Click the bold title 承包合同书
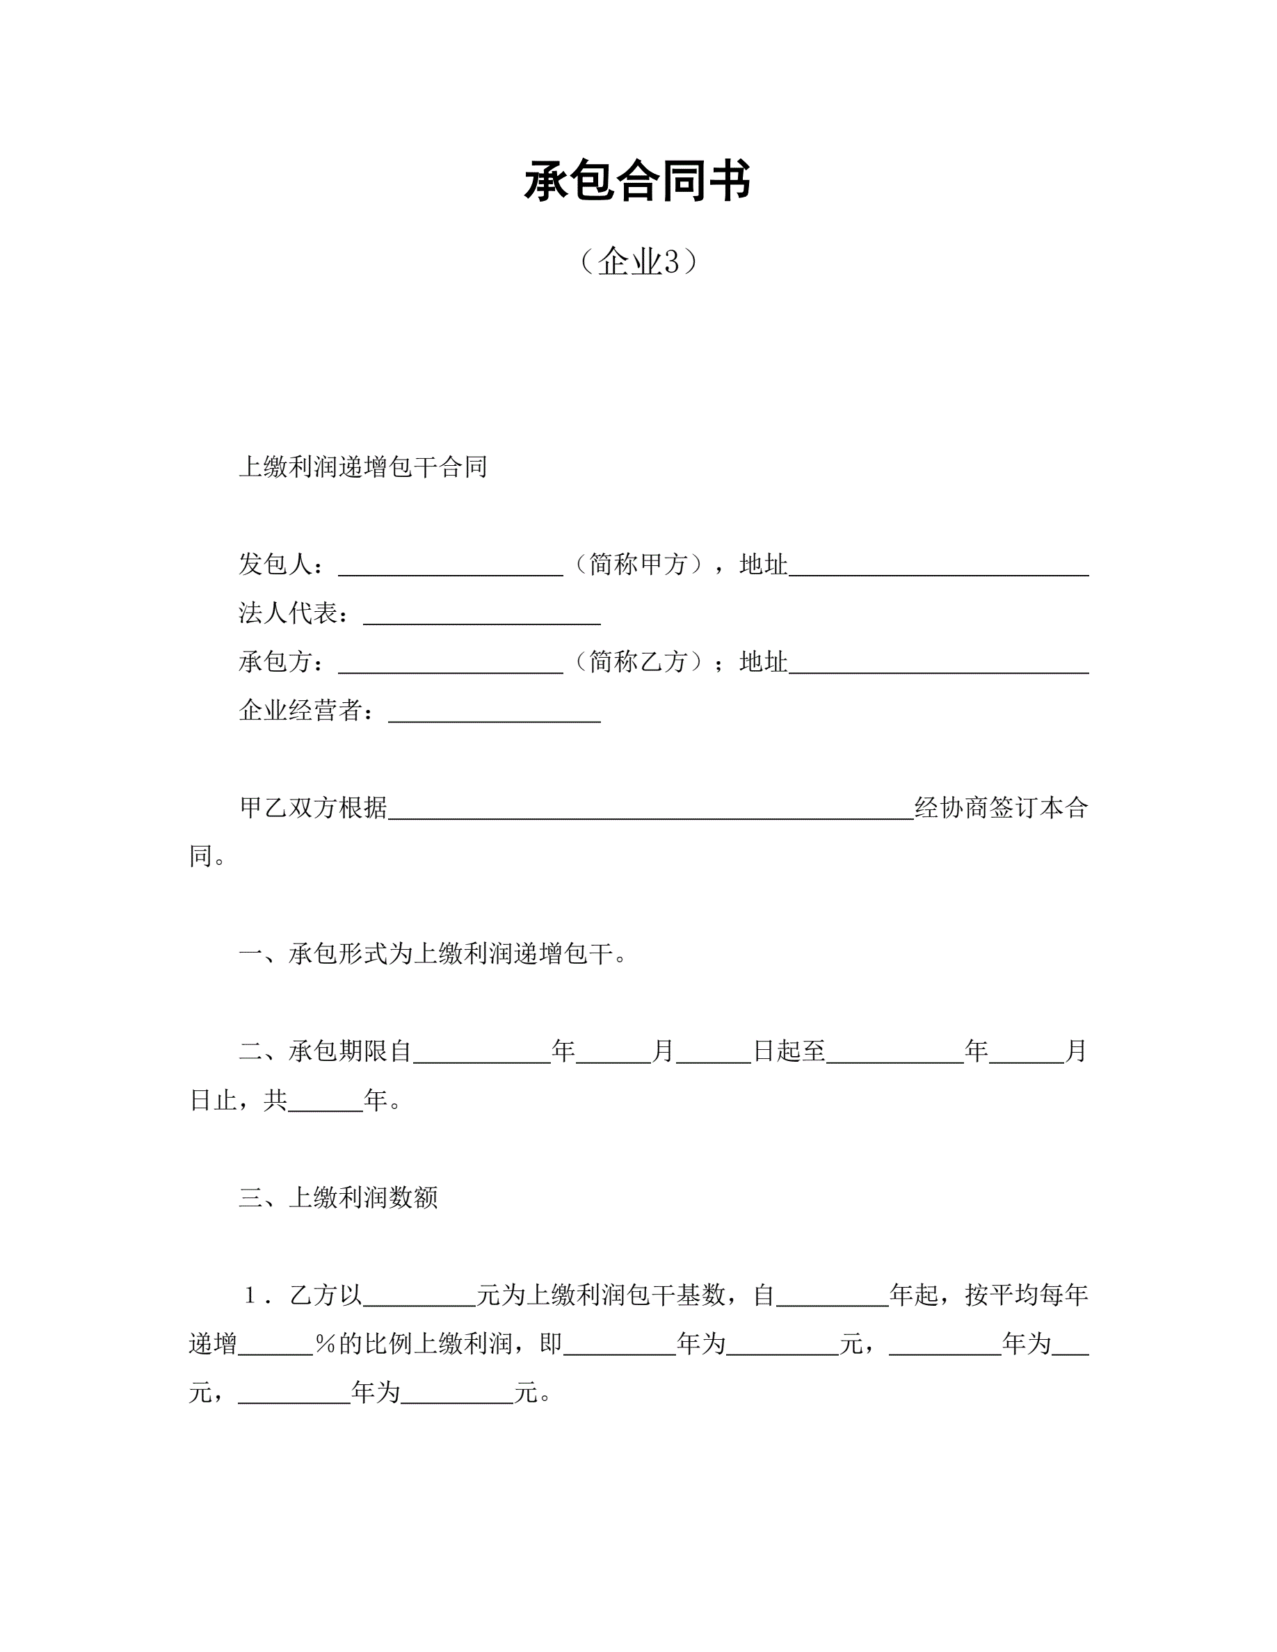pos(638,181)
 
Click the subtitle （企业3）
pos(638,261)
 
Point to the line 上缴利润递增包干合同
pos(362,467)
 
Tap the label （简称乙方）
pos(638,662)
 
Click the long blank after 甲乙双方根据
pos(650,810)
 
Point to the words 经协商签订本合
pos(1001,808)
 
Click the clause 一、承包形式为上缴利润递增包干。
pos(433,954)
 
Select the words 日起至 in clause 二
pos(789,1051)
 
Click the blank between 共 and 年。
pos(326,1102)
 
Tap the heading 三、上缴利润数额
pos(338,1197)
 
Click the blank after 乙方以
pos(419,1297)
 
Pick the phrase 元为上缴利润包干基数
pos(601,1295)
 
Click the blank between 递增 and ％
pos(275,1345)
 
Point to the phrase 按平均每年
pos(1026,1295)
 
